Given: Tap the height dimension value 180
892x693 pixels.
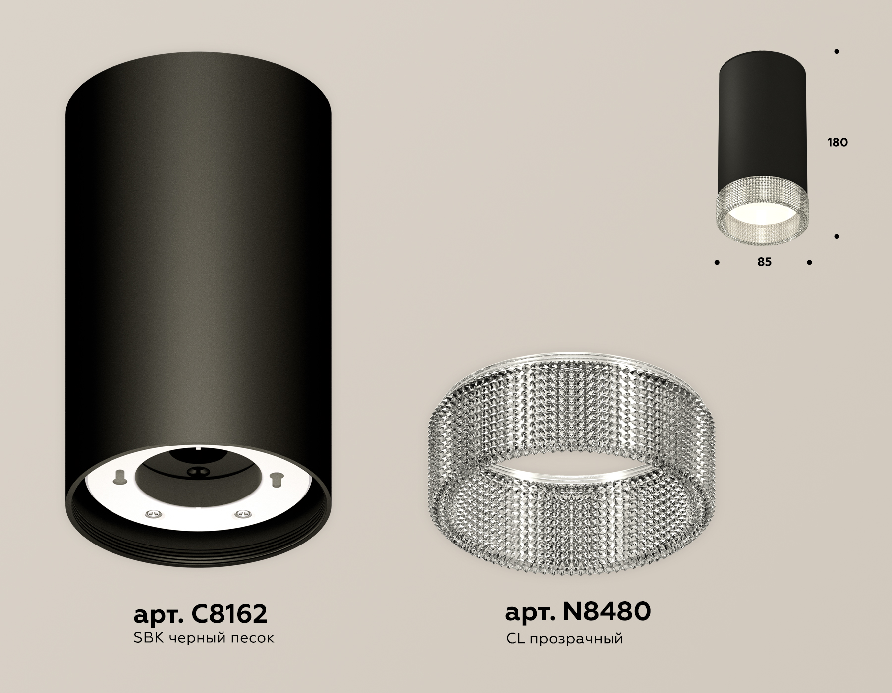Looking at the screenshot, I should [837, 143].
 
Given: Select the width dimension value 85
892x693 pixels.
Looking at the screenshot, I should [764, 262].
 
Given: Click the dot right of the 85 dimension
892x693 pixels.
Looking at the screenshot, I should [809, 262].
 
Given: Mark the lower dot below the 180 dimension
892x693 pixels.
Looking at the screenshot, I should [836, 237].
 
